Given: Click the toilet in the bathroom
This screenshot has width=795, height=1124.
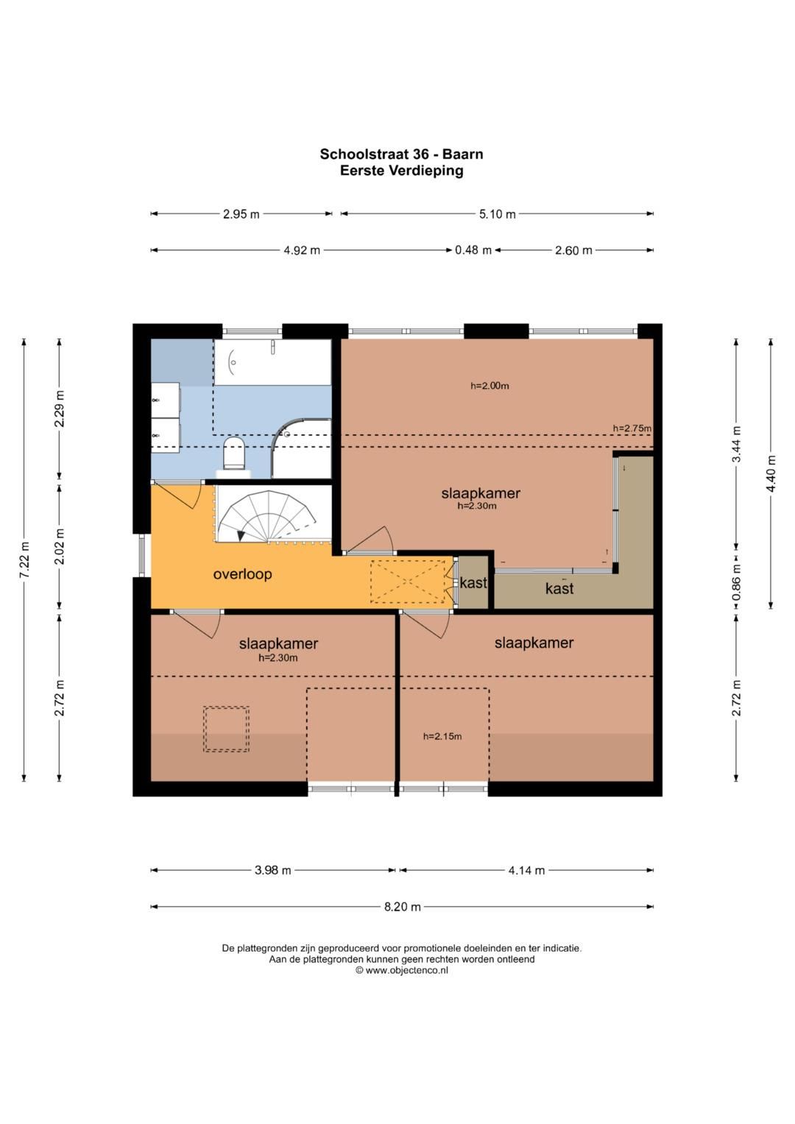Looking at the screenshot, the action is tap(233, 453).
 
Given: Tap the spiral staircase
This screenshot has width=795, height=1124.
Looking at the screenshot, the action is tap(272, 517).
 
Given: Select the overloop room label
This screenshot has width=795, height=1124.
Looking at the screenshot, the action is tap(242, 574).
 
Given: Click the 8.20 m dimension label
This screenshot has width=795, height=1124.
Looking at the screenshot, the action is tap(402, 907).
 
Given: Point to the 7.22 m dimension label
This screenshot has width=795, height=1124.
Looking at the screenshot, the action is tap(24, 559).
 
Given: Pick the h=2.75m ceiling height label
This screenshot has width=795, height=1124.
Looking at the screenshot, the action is tap(632, 428).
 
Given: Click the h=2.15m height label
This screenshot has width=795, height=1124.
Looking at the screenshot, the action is tap(442, 736).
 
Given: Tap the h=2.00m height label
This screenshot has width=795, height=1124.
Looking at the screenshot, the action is tap(490, 386).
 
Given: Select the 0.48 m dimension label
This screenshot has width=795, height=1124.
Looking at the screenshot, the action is tap(473, 250).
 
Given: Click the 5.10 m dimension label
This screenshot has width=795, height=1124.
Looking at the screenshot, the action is tap(497, 214).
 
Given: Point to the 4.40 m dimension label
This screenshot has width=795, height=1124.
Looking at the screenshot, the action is tap(771, 473).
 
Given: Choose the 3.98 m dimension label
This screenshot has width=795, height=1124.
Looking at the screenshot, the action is tap(272, 870).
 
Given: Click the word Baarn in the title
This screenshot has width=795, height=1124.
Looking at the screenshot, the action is tap(462, 154).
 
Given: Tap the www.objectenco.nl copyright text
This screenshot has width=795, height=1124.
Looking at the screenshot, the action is tap(401, 970).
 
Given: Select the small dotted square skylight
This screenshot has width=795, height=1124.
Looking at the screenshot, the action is tap(226, 729).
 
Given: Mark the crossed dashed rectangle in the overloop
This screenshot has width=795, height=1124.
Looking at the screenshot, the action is tap(408, 581).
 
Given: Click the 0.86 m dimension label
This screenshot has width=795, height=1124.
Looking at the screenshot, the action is tap(736, 582).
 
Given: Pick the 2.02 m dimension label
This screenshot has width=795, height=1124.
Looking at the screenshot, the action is tap(59, 546).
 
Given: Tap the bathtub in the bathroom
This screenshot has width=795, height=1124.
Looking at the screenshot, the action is tap(272, 362).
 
